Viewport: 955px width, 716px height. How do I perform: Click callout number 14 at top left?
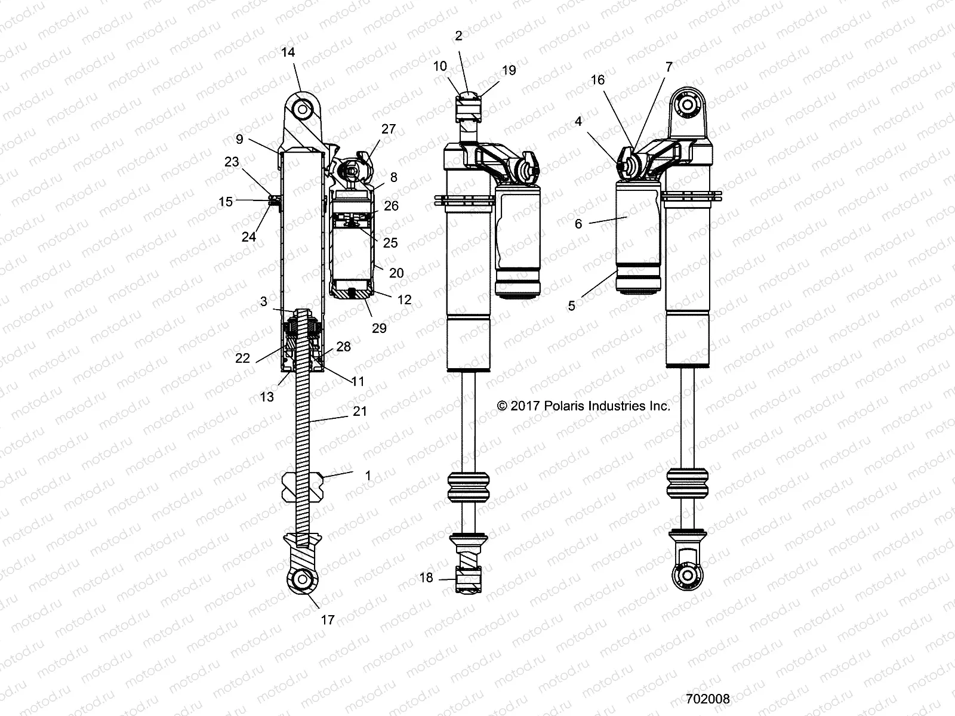[288, 53]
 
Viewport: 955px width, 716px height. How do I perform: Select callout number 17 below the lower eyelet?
[328, 620]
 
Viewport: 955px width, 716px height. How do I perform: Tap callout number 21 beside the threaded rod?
[360, 412]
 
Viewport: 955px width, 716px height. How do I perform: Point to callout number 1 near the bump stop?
[368, 476]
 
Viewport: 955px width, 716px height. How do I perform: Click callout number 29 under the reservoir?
[379, 328]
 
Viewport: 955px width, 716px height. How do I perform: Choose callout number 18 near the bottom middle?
[426, 578]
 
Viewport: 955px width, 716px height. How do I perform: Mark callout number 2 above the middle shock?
[458, 36]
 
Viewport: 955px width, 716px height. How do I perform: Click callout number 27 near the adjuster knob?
[389, 129]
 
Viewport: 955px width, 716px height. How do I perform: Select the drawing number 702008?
[707, 699]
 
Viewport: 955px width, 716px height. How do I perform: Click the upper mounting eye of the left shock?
[305, 110]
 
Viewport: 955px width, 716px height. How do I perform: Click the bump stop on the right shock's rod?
[688, 483]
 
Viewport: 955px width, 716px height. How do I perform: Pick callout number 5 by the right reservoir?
[572, 305]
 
